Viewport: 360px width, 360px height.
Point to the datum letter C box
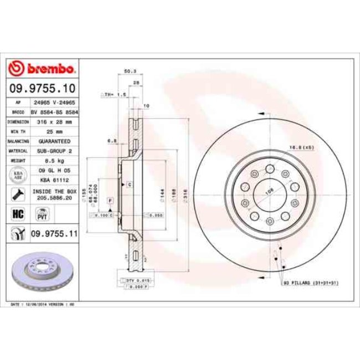(x=129, y=183)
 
